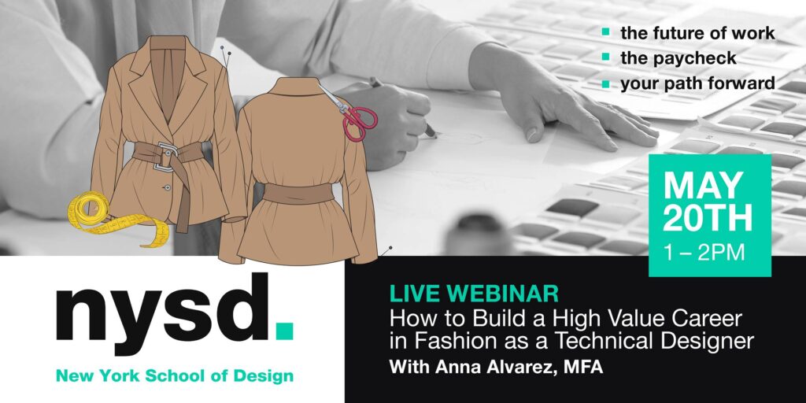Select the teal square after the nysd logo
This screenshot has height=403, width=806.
(x=284, y=331)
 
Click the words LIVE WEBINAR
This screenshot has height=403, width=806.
(x=474, y=294)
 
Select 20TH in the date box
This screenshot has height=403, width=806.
(x=708, y=218)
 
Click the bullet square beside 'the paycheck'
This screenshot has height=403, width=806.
(x=607, y=58)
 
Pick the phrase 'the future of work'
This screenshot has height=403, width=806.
(x=697, y=33)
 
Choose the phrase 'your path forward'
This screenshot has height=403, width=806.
(x=697, y=83)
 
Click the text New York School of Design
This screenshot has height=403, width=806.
(x=175, y=376)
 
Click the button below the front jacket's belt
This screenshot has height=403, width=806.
(x=167, y=188)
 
